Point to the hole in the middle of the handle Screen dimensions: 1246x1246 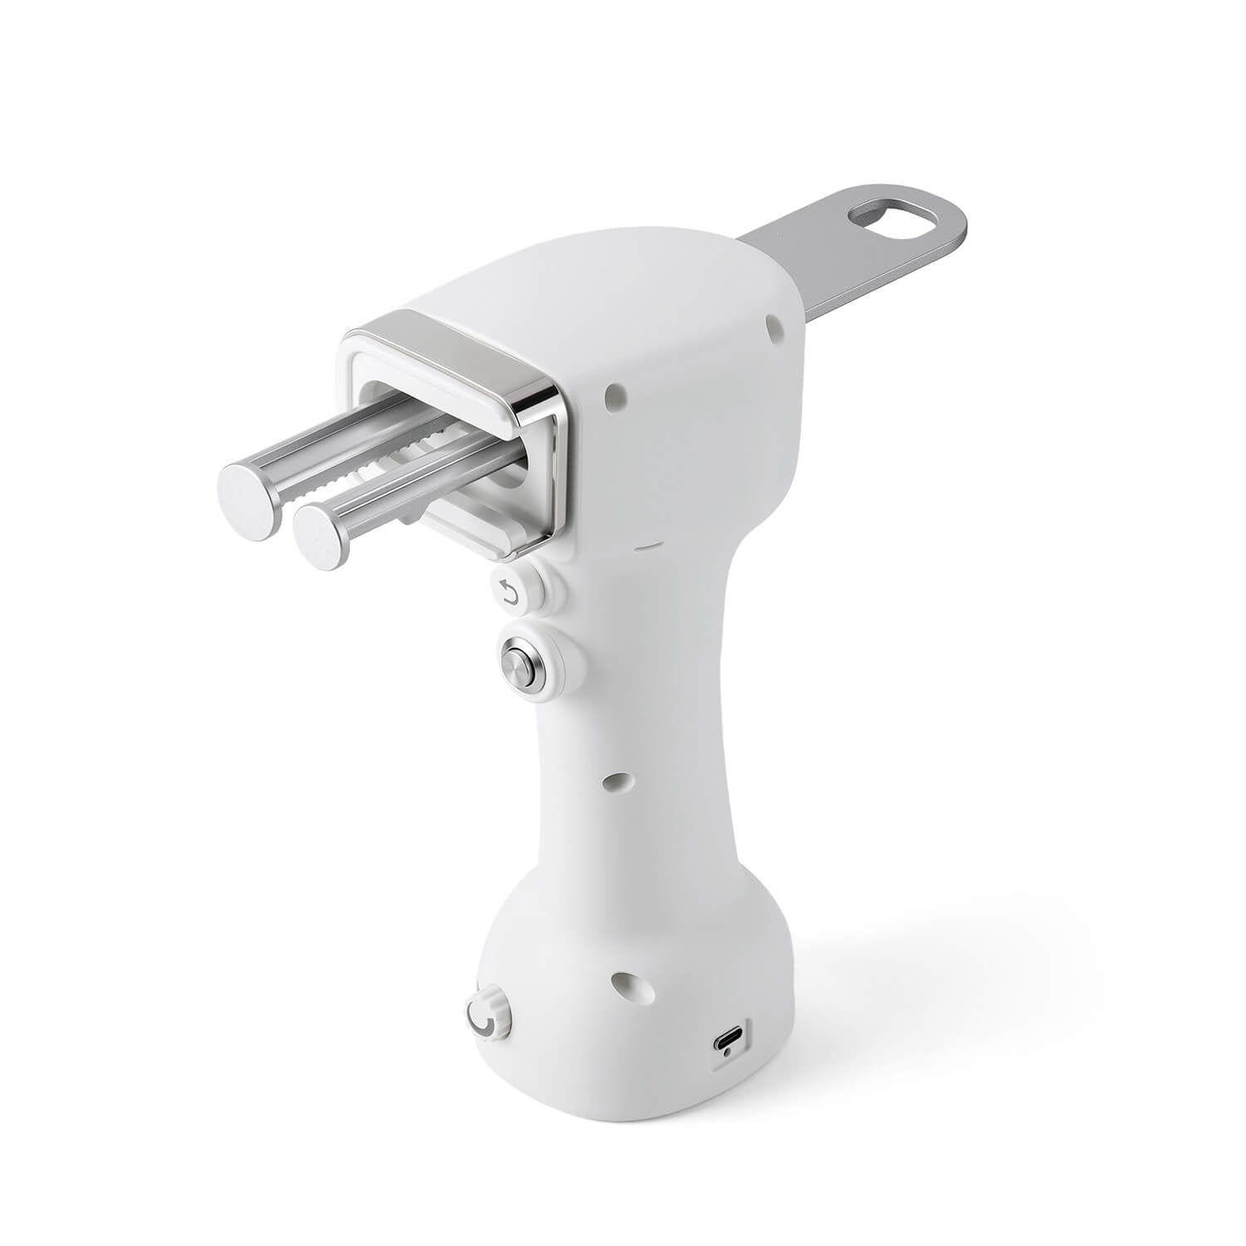click(x=616, y=780)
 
